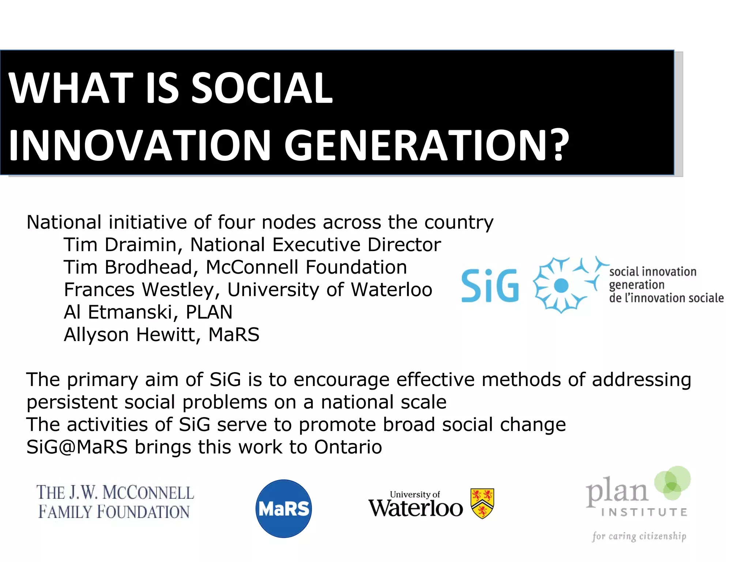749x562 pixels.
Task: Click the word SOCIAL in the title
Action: (x=262, y=88)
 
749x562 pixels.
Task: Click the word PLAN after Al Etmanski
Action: (x=209, y=312)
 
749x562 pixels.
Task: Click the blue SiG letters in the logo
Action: (x=490, y=286)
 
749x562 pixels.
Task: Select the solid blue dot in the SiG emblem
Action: (x=561, y=285)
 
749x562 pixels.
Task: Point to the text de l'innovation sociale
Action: (x=666, y=298)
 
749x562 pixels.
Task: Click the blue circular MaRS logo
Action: (x=283, y=509)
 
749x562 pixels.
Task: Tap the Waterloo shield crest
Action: (x=482, y=503)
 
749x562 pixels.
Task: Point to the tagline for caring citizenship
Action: (x=639, y=536)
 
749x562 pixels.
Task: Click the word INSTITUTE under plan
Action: (x=644, y=512)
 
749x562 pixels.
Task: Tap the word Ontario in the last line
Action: (x=348, y=447)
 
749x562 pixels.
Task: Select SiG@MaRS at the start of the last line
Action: (x=77, y=447)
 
